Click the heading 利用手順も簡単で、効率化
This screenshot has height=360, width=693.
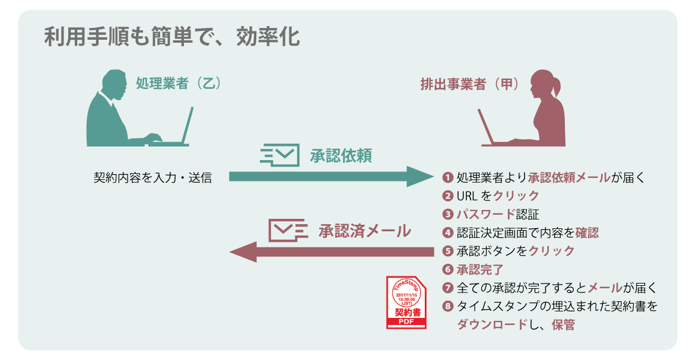[172, 38]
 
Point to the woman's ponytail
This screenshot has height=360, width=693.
[558, 89]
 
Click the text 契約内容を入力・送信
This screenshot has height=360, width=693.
[153, 177]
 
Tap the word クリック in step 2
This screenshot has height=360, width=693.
[516, 196]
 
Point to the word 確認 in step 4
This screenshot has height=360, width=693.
[587, 232]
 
